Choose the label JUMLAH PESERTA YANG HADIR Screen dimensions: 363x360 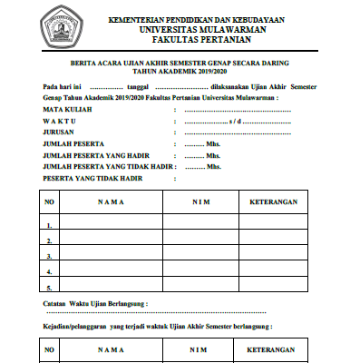click(x=100, y=155)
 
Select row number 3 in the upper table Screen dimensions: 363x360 click(x=50, y=257)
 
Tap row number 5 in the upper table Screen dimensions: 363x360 click(x=50, y=288)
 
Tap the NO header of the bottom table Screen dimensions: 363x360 click(x=50, y=349)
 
